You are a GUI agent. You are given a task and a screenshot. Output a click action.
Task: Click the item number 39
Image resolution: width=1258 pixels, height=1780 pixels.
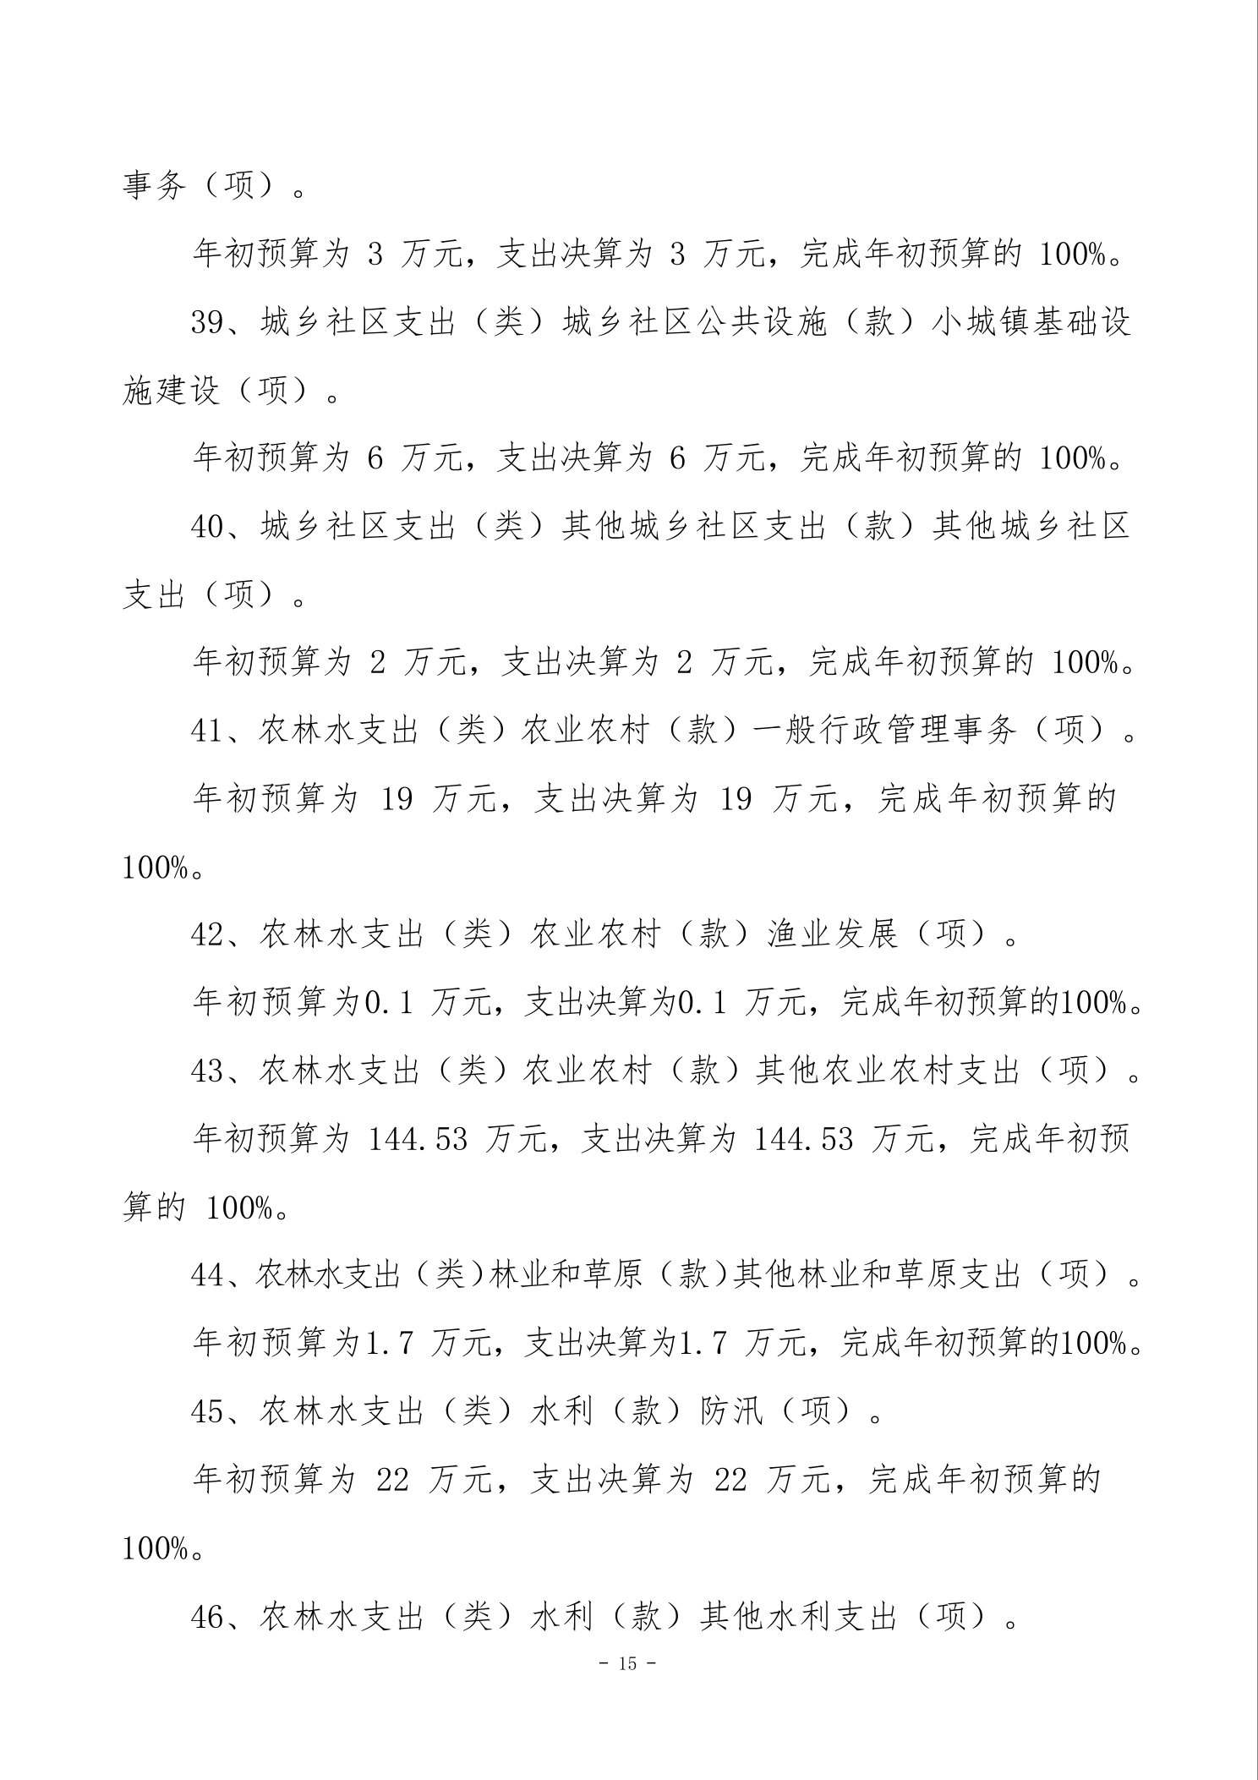207,323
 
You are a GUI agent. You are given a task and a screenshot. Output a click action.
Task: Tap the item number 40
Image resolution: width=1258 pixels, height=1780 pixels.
207,528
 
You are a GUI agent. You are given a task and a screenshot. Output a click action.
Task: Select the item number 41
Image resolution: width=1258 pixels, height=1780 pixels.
207,731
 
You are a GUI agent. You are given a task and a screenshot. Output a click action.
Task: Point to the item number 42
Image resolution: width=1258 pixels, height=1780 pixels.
207,934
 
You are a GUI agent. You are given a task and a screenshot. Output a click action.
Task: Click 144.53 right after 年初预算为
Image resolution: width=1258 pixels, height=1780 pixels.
418,1139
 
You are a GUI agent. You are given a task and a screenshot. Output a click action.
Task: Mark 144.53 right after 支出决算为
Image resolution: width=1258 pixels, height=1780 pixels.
803,1139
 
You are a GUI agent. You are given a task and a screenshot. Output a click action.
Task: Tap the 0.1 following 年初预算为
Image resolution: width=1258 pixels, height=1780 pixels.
388,1003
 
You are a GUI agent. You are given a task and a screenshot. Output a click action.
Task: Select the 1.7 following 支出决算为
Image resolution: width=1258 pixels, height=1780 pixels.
703,1344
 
